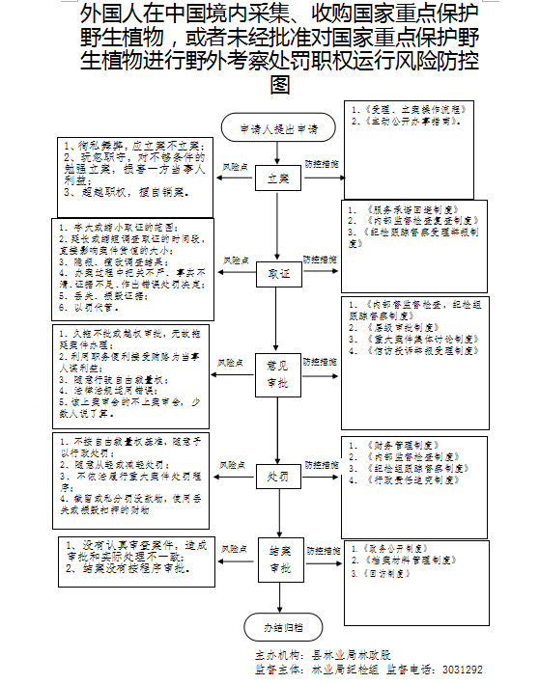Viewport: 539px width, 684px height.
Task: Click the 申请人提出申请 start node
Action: pyautogui.click(x=278, y=127)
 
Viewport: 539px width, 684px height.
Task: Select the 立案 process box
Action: pyautogui.click(x=278, y=180)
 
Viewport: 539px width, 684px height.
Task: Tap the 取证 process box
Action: pyautogui.click(x=278, y=275)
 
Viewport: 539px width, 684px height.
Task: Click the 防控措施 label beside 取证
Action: pyautogui.click(x=322, y=260)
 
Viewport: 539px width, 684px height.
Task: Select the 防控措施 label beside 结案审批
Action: pyautogui.click(x=322, y=547)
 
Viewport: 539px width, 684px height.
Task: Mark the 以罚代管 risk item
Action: pyautogui.click(x=91, y=306)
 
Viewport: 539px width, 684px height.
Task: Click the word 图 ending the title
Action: pyautogui.click(x=279, y=85)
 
